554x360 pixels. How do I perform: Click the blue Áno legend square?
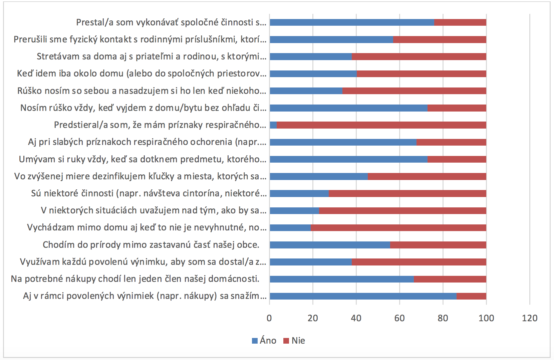tap(255, 341)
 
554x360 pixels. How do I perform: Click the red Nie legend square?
tap(286, 341)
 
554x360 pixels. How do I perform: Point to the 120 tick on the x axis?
tap(530, 318)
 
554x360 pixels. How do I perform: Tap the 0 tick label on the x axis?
tap(269, 318)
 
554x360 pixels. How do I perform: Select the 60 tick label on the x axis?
tap(399, 318)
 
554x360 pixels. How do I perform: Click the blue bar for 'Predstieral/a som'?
tap(273, 125)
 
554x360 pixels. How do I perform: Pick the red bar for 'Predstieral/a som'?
tap(381, 125)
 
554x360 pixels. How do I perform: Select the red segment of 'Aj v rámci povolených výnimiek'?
tap(471, 296)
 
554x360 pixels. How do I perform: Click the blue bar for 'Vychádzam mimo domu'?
tap(290, 228)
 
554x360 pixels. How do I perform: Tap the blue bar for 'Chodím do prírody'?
tap(330, 245)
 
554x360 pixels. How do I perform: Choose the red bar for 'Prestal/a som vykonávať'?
tap(460, 22)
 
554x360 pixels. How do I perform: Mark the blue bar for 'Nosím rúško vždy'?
tap(349, 108)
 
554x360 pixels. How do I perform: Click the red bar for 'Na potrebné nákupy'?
tap(450, 279)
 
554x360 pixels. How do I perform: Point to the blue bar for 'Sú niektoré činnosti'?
tap(299, 193)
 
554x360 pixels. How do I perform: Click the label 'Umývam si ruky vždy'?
tap(143, 159)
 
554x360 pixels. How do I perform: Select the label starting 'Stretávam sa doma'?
tap(152, 56)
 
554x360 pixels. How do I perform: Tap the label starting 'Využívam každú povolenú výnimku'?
tap(143, 262)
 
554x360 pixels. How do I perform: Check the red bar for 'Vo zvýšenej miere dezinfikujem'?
tap(427, 176)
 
